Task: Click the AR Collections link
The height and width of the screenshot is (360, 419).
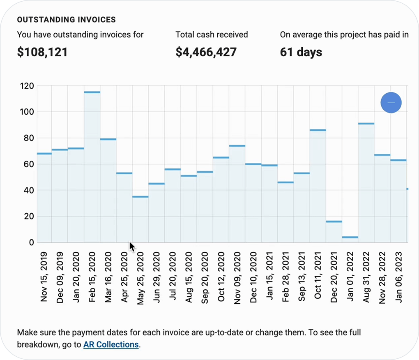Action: click(x=111, y=344)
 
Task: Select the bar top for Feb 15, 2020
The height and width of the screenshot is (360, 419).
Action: click(x=92, y=92)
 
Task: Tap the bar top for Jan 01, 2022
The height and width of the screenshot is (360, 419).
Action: click(x=350, y=237)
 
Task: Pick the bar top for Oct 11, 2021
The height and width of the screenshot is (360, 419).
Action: click(x=318, y=130)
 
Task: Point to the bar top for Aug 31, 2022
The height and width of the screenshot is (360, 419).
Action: click(x=366, y=123)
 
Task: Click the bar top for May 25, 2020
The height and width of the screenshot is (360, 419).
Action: click(x=140, y=196)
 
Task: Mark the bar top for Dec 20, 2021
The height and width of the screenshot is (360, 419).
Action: click(x=334, y=222)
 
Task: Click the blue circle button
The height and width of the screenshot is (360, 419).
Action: click(x=391, y=103)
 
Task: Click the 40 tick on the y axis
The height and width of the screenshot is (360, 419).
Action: click(x=29, y=190)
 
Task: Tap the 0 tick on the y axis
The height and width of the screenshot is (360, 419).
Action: click(x=31, y=242)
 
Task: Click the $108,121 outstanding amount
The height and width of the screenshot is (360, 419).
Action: click(x=42, y=52)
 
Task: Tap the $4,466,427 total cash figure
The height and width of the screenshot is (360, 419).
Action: click(x=206, y=52)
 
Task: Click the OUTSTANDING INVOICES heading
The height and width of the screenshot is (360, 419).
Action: click(x=67, y=20)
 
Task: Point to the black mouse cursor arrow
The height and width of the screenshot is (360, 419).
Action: click(x=132, y=247)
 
